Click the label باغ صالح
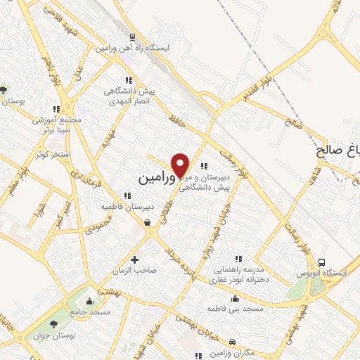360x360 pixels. pyautogui.click(x=338, y=150)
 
